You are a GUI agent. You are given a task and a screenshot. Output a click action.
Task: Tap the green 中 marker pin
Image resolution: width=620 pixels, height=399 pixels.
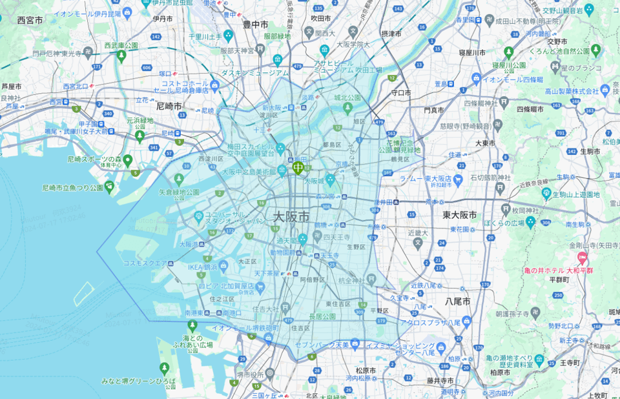(x=298, y=168)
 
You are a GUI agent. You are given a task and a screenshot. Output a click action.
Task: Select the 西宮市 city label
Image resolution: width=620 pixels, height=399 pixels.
(x=30, y=21)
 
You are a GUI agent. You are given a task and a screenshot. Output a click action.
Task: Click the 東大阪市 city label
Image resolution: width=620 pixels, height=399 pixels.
(x=460, y=215)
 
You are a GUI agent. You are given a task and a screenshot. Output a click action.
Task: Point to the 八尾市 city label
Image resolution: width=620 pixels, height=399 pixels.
(x=457, y=302)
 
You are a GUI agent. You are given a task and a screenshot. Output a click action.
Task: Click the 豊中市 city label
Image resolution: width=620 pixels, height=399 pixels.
(x=255, y=24)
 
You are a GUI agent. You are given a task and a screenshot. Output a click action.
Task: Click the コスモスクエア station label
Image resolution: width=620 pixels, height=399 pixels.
(x=145, y=263)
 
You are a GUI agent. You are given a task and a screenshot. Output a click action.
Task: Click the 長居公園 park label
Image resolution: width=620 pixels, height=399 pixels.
(x=322, y=316)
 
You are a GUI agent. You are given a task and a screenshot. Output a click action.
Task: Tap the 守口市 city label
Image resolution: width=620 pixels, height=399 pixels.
(x=401, y=93)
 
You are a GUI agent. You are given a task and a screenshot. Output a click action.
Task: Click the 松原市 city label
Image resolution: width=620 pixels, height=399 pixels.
(x=366, y=371)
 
